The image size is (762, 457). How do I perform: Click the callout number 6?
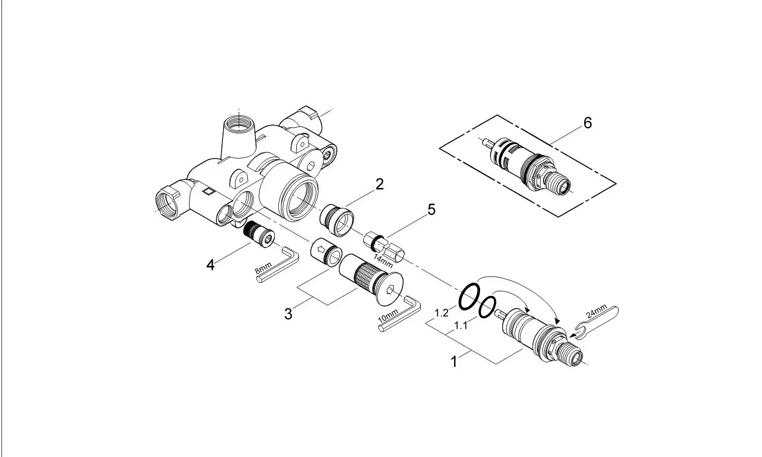(x=587, y=123)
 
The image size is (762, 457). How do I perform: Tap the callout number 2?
(x=379, y=184)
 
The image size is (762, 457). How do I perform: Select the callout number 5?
(x=431, y=209)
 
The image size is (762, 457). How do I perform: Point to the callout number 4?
(x=211, y=265)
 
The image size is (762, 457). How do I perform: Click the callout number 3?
(x=289, y=314)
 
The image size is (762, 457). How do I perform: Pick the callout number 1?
(x=454, y=361)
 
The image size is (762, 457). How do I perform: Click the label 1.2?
(x=441, y=313)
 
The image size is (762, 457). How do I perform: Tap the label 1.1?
(x=461, y=326)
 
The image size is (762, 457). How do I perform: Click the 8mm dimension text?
(x=263, y=268)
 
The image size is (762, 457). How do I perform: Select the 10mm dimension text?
(x=388, y=316)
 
